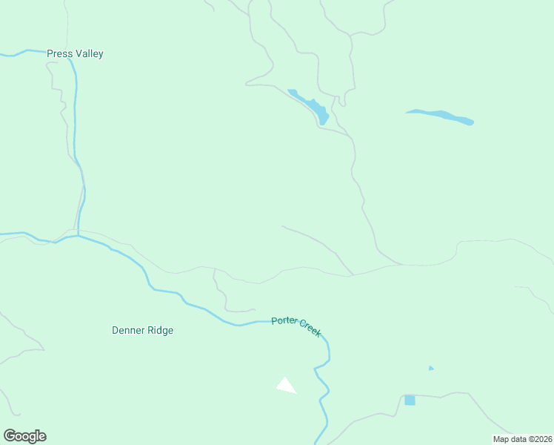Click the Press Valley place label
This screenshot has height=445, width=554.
coord(75,54)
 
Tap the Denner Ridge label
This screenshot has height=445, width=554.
coord(142,331)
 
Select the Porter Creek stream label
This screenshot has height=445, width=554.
coord(296,326)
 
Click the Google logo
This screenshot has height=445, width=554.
coord(24,436)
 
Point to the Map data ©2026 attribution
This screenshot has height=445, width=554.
coord(522,439)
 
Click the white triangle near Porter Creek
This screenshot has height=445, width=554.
coord(285,385)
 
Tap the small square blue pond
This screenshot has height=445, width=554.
coord(410,400)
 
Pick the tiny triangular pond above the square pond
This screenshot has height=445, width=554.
coord(430,368)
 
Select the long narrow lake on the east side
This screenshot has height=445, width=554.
coord(440,116)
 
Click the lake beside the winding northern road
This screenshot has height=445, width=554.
coord(311,105)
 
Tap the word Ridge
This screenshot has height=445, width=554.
coord(159,331)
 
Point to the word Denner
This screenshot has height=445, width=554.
coord(127,331)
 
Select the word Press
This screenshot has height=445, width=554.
coord(59,54)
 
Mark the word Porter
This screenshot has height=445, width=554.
coord(283,321)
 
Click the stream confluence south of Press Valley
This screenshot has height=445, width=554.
coord(78,236)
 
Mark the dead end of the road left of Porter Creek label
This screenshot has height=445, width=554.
coord(255,310)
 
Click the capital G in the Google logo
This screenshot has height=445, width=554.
coord(10,436)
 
